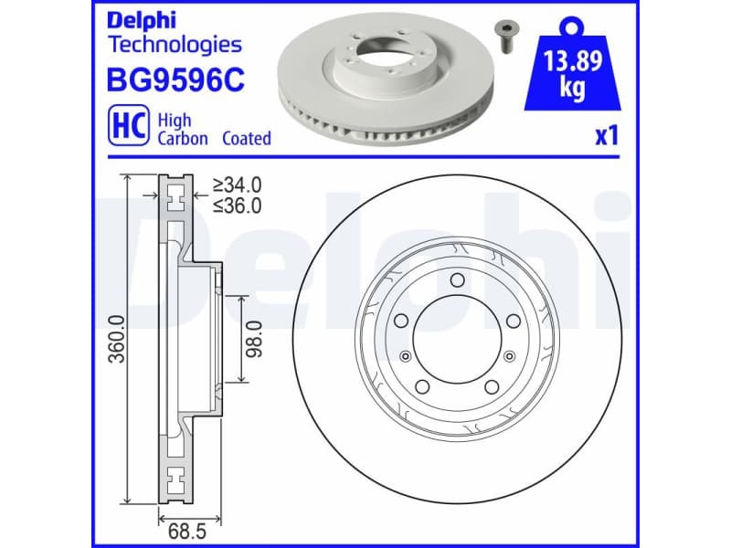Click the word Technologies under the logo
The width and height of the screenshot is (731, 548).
[175, 44]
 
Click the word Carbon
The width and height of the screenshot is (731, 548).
[183, 139]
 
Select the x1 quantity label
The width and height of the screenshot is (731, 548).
[607, 137]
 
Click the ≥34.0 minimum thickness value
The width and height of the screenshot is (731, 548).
[237, 185]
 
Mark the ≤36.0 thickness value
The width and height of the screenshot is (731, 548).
[237, 205]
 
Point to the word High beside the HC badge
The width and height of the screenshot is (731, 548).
[175, 120]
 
